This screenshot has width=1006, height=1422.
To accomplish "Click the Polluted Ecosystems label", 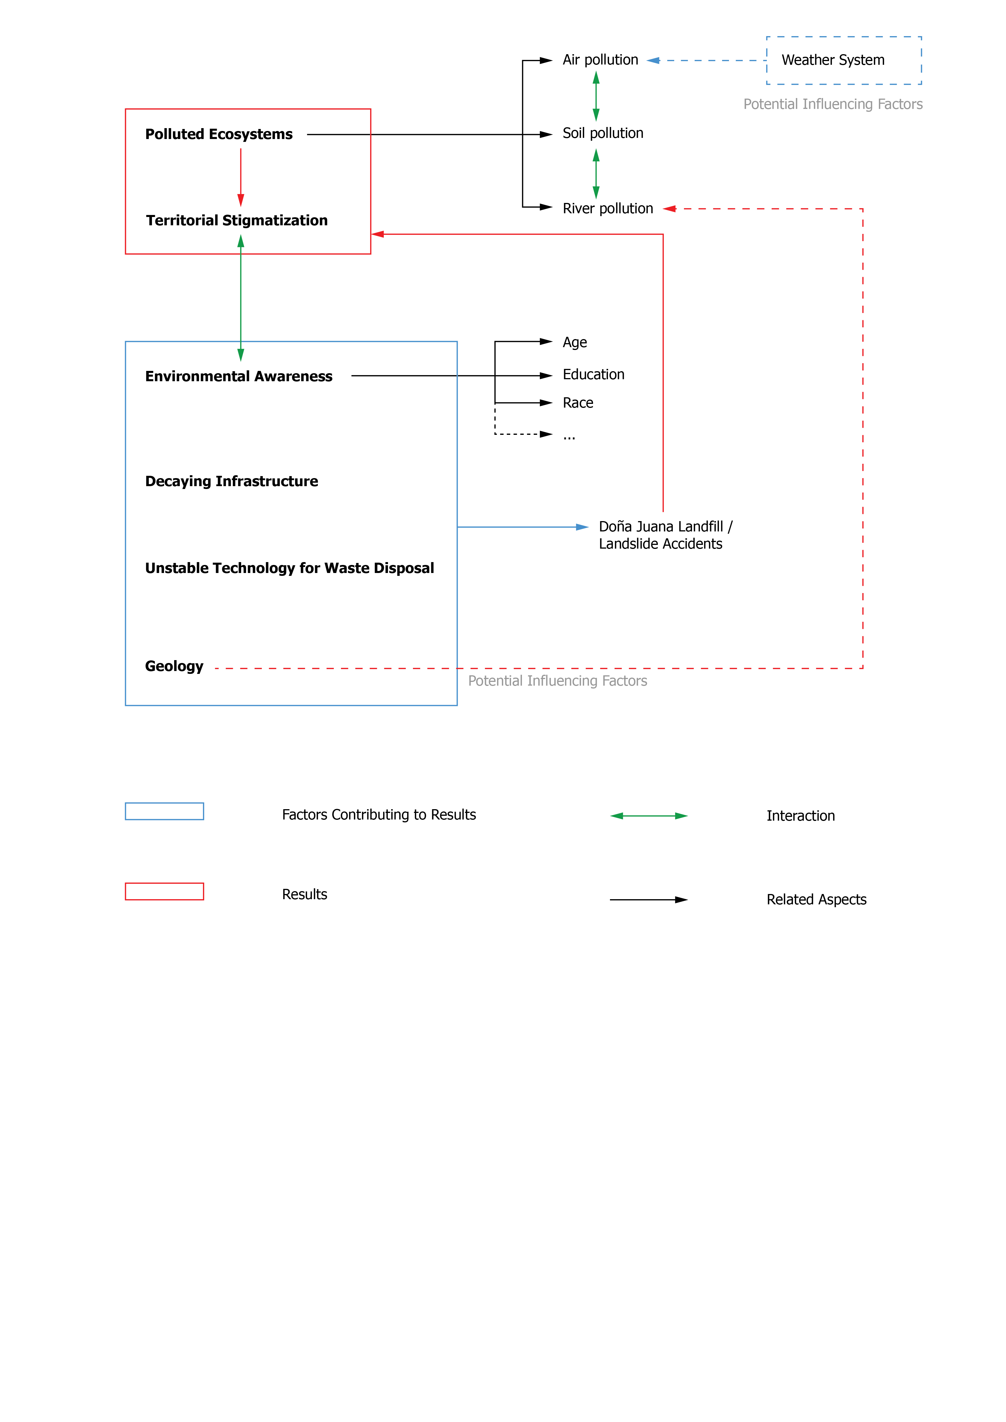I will [219, 134].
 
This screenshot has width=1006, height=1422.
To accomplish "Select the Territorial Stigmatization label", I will [237, 220].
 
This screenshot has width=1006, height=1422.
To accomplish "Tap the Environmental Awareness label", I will [239, 377].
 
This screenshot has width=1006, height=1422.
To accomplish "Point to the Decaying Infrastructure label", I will [232, 481].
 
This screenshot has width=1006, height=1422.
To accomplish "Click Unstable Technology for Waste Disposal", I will [289, 568].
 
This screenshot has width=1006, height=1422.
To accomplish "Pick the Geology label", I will [174, 666].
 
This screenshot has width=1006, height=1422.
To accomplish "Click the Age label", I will [574, 343].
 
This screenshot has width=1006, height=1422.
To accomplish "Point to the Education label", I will [593, 375].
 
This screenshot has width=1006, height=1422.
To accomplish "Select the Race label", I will [577, 403].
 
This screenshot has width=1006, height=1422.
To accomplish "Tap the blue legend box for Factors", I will [164, 811].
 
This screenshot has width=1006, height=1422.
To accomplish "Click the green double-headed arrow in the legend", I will [649, 816].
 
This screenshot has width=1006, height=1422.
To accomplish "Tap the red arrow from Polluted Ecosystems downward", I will [241, 177].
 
